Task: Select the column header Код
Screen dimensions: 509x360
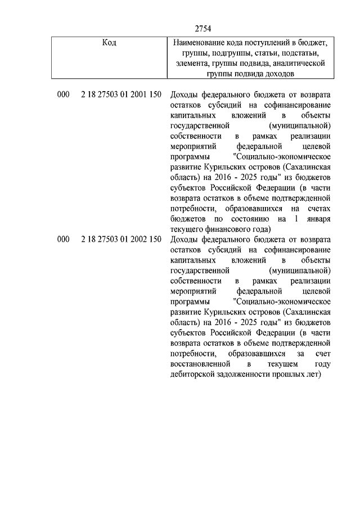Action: pos(110,43)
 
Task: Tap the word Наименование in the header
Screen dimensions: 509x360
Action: pos(200,43)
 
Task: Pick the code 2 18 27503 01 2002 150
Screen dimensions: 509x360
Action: pos(121,239)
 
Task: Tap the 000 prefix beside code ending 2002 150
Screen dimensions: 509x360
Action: pos(63,239)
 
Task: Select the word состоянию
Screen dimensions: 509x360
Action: pos(245,218)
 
